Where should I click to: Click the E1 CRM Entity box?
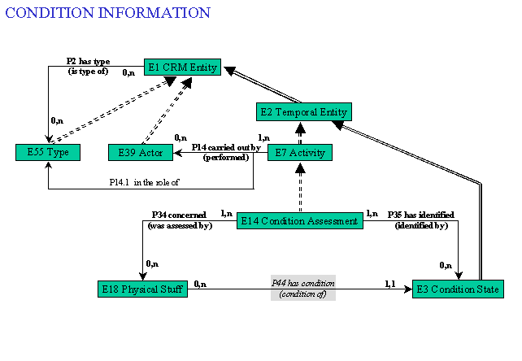[x=182, y=67]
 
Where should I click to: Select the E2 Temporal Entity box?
[x=304, y=112]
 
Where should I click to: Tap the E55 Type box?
[x=48, y=153]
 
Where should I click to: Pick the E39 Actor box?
[x=141, y=153]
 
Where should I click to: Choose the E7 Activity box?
[x=300, y=153]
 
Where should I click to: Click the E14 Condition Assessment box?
[x=300, y=221]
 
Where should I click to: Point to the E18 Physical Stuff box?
[x=142, y=289]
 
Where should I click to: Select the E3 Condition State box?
[x=458, y=289]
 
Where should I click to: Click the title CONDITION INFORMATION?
[x=108, y=13]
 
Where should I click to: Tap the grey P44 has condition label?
[x=303, y=288]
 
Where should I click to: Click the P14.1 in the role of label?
[x=144, y=182]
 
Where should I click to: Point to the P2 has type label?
[x=89, y=61]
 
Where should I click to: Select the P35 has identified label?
[x=421, y=215]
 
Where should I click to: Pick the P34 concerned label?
[x=179, y=215]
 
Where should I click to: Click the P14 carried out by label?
[x=226, y=147]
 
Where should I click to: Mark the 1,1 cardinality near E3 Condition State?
[x=390, y=284]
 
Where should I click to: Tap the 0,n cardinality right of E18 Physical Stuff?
[x=200, y=284]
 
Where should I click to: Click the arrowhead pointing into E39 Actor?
[x=178, y=153]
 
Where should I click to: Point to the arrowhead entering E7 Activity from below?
[x=300, y=168]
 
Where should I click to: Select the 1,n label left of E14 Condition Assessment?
[x=227, y=214]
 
